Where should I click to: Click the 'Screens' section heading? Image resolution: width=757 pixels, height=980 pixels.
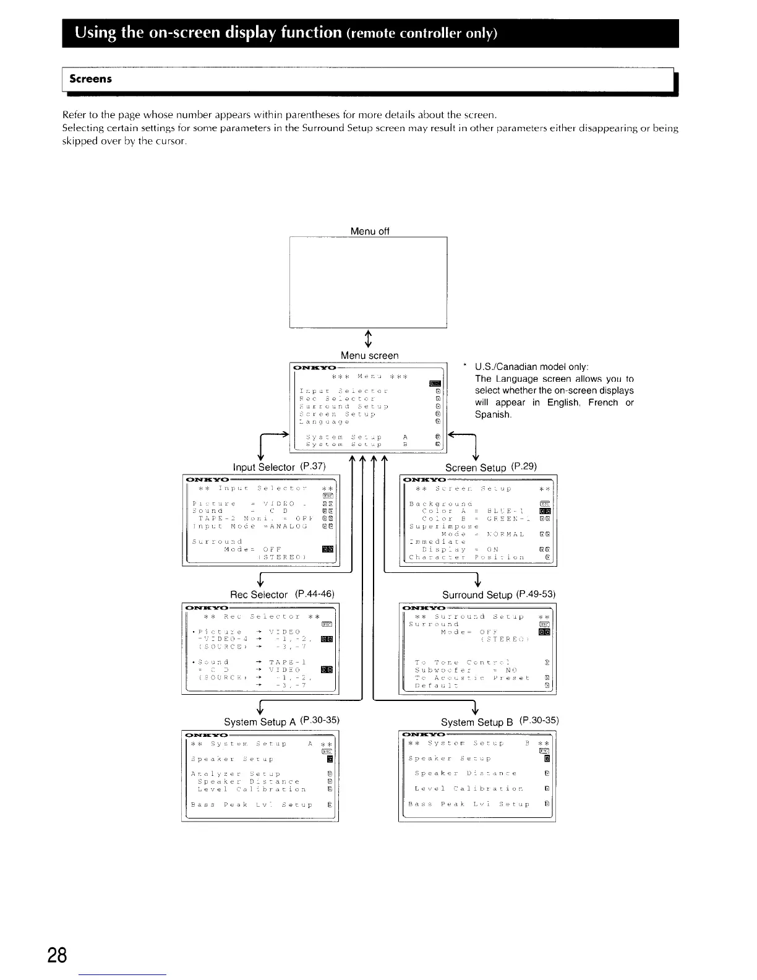pyautogui.click(x=90, y=79)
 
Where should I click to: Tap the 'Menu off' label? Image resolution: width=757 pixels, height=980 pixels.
pyautogui.click(x=370, y=231)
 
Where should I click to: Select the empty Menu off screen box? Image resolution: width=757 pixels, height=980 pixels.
pyautogui.click(x=368, y=282)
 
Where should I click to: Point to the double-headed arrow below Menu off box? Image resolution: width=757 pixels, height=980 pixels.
pyautogui.click(x=369, y=338)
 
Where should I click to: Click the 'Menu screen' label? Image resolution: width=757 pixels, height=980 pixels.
pyautogui.click(x=370, y=355)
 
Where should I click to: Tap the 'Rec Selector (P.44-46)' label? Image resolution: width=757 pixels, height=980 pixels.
pyautogui.click(x=282, y=594)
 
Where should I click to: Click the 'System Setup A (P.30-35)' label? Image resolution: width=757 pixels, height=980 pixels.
pyautogui.click(x=283, y=721)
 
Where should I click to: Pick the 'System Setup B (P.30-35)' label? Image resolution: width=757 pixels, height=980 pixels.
pyautogui.click(x=500, y=721)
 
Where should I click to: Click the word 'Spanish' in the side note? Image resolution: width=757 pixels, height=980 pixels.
pyautogui.click(x=492, y=415)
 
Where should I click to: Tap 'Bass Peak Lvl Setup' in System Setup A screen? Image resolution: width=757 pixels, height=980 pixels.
pyautogui.click(x=252, y=805)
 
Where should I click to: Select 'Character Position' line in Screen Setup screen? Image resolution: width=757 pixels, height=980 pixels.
pyautogui.click(x=467, y=557)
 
